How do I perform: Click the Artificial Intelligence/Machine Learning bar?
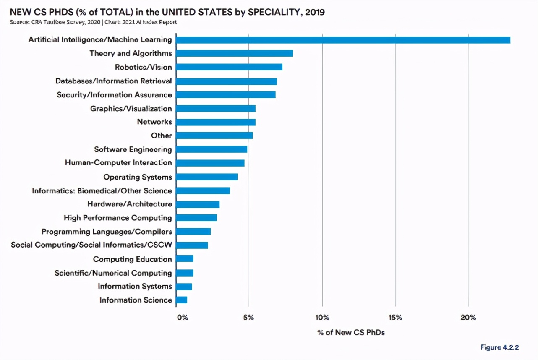[343, 40]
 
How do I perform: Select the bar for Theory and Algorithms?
[234, 53]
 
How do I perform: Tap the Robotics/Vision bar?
[229, 67]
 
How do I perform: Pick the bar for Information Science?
[182, 300]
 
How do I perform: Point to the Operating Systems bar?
[207, 177]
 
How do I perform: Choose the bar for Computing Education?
[185, 259]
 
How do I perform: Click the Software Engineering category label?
[133, 149]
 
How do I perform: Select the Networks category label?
[154, 122]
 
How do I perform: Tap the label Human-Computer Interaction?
[118, 163]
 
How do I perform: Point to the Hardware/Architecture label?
[130, 204]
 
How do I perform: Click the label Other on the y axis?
[162, 136]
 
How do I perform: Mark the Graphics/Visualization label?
[131, 109]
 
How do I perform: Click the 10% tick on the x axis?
[322, 318]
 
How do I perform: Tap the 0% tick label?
[183, 318]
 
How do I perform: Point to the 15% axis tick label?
[395, 318]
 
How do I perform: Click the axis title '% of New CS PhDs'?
[351, 333]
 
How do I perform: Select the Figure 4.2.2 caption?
[500, 347]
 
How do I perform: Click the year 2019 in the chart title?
[315, 12]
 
